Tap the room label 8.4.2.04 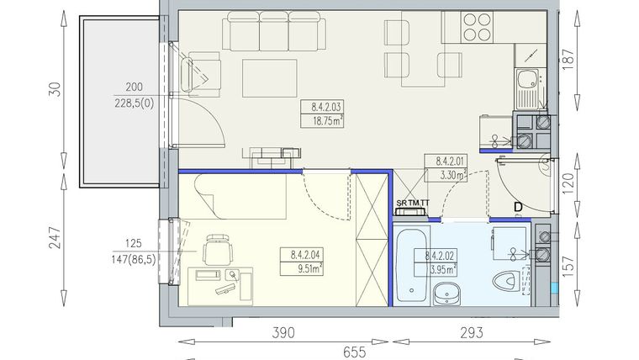pyautogui.click(x=305, y=257)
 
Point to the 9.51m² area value pyautogui.click(x=305, y=270)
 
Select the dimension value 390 pyautogui.click(x=283, y=333)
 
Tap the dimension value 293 pyautogui.click(x=473, y=333)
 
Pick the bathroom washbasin pyautogui.click(x=446, y=294)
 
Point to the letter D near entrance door pyautogui.click(x=519, y=206)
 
